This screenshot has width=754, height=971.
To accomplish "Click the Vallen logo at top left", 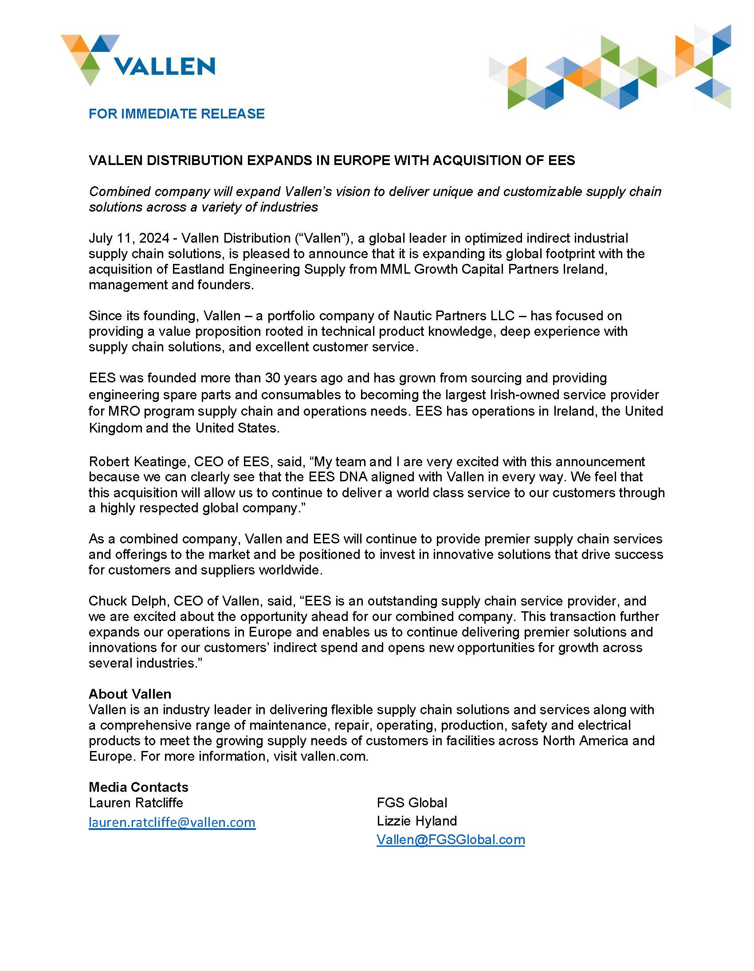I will pyautogui.click(x=138, y=60).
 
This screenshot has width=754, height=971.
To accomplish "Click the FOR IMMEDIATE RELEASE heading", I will pyautogui.click(x=177, y=114).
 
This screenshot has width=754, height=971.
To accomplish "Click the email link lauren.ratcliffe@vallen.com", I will pyautogui.click(x=172, y=822).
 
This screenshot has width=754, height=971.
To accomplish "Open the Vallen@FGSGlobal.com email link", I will pyautogui.click(x=450, y=839).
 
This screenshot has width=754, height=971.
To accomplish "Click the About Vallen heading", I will pyautogui.click(x=130, y=694).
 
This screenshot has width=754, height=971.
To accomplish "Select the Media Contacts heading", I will pyautogui.click(x=138, y=787).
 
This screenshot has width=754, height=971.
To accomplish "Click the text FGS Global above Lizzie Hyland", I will pyautogui.click(x=412, y=802).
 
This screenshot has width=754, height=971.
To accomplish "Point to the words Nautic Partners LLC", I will pyautogui.click(x=453, y=316).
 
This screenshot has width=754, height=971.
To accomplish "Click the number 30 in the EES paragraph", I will pyautogui.click(x=272, y=378).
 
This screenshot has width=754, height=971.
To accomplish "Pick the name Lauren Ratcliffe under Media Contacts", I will pyautogui.click(x=136, y=802).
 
